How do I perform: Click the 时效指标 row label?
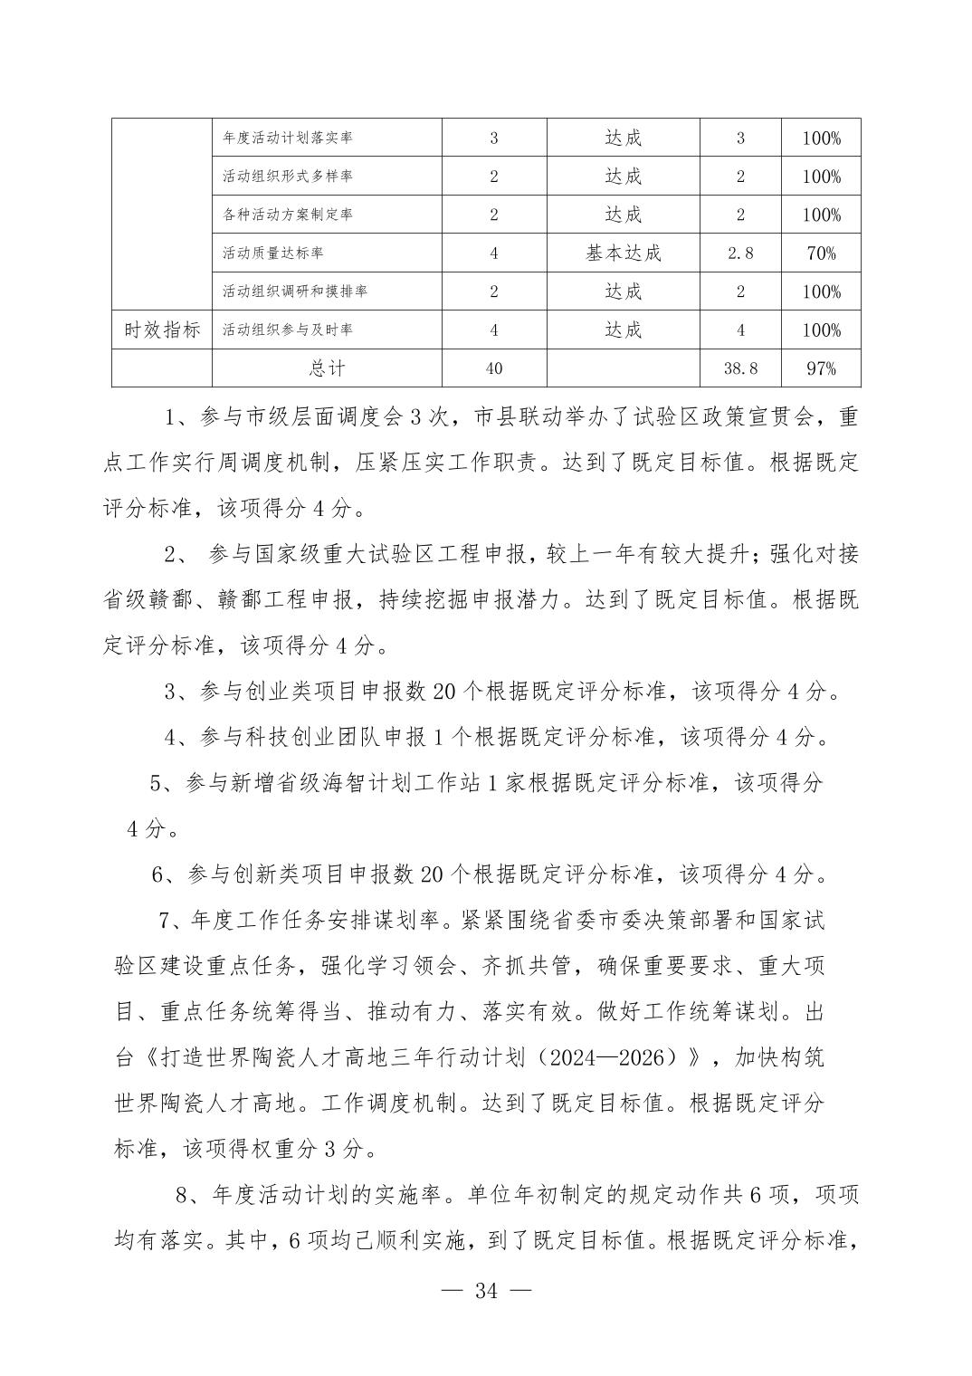(162, 330)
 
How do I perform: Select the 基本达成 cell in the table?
(623, 253)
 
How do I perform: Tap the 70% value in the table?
(821, 253)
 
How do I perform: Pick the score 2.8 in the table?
(740, 253)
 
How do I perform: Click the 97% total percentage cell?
(821, 368)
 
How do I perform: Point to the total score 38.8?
(740, 368)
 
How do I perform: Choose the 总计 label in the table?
(327, 368)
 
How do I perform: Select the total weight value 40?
(493, 368)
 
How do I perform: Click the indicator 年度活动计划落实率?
(288, 139)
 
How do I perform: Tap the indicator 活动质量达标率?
(273, 253)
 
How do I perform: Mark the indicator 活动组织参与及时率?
(288, 330)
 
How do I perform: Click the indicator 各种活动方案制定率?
(288, 215)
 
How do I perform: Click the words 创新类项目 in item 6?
(287, 874)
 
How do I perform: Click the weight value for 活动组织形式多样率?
(493, 177)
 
